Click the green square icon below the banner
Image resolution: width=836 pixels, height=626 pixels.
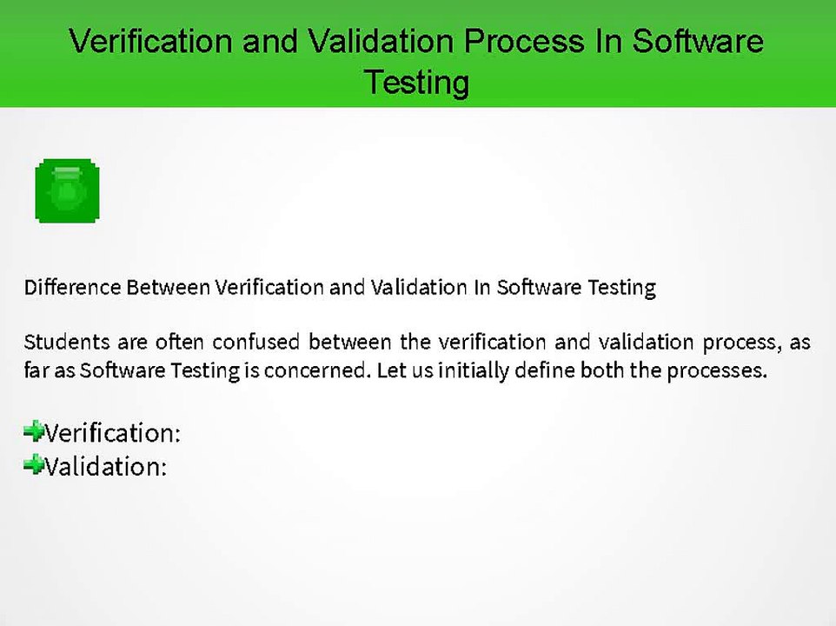tap(68, 190)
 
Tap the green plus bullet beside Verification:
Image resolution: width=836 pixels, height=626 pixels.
tap(34, 430)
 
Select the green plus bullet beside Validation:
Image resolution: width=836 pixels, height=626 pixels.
tap(34, 465)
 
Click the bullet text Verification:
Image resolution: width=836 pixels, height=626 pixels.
tap(112, 433)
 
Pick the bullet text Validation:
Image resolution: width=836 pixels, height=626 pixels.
tap(105, 467)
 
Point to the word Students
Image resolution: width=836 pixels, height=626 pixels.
tap(60, 342)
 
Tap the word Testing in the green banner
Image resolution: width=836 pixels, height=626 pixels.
tap(417, 83)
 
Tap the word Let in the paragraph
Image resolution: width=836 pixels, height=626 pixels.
tap(390, 370)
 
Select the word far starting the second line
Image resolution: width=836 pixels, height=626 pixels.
tap(36, 370)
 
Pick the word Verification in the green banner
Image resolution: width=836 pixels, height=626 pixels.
tap(151, 41)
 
